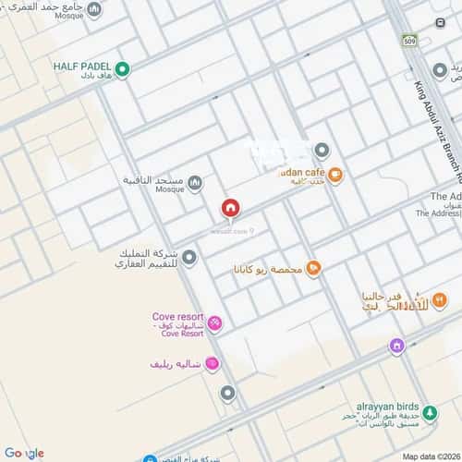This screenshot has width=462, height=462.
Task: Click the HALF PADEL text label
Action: (x=82, y=66)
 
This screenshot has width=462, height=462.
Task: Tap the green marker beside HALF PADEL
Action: (x=122, y=69)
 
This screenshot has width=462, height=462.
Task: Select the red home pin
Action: (x=231, y=208)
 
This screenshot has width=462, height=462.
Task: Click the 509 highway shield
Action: (x=409, y=41)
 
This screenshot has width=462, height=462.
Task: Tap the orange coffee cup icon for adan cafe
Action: (x=336, y=173)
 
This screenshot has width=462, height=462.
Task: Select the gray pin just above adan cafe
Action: (x=322, y=150)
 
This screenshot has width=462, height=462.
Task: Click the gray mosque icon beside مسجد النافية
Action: (x=194, y=182)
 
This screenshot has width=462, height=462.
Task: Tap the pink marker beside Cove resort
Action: (x=215, y=322)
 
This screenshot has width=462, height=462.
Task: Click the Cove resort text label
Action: (x=178, y=317)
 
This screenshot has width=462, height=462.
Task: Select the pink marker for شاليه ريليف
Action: (x=212, y=365)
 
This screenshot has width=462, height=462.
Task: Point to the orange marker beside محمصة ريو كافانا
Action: (x=313, y=268)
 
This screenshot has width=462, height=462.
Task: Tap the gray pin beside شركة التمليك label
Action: (x=188, y=256)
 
